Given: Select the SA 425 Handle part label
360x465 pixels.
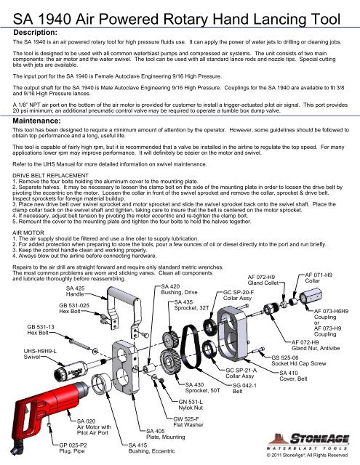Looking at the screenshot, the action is [75, 291].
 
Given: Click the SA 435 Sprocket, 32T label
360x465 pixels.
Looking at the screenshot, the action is [191, 305].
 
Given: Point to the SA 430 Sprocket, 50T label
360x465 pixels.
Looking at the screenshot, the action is [203, 387].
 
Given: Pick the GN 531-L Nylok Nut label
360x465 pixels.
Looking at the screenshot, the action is [191, 405].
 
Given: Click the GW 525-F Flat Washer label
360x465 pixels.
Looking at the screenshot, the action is [188, 421].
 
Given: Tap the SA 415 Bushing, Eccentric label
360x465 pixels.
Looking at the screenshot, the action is [152, 448].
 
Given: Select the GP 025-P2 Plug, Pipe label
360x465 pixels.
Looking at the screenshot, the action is [73, 448].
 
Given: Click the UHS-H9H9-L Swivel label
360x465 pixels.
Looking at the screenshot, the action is [40, 354].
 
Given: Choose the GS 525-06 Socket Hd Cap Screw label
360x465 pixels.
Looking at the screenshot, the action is [299, 360].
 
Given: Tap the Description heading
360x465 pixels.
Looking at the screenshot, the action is [36, 32].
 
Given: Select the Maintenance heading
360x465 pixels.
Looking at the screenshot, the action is [36, 121].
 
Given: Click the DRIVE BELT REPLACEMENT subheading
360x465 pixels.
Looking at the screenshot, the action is [50, 175].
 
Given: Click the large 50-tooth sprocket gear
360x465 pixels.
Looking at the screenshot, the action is [169, 363].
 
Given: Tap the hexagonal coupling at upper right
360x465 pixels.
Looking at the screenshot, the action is [311, 296].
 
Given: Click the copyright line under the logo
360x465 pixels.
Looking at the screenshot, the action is [307, 455].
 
